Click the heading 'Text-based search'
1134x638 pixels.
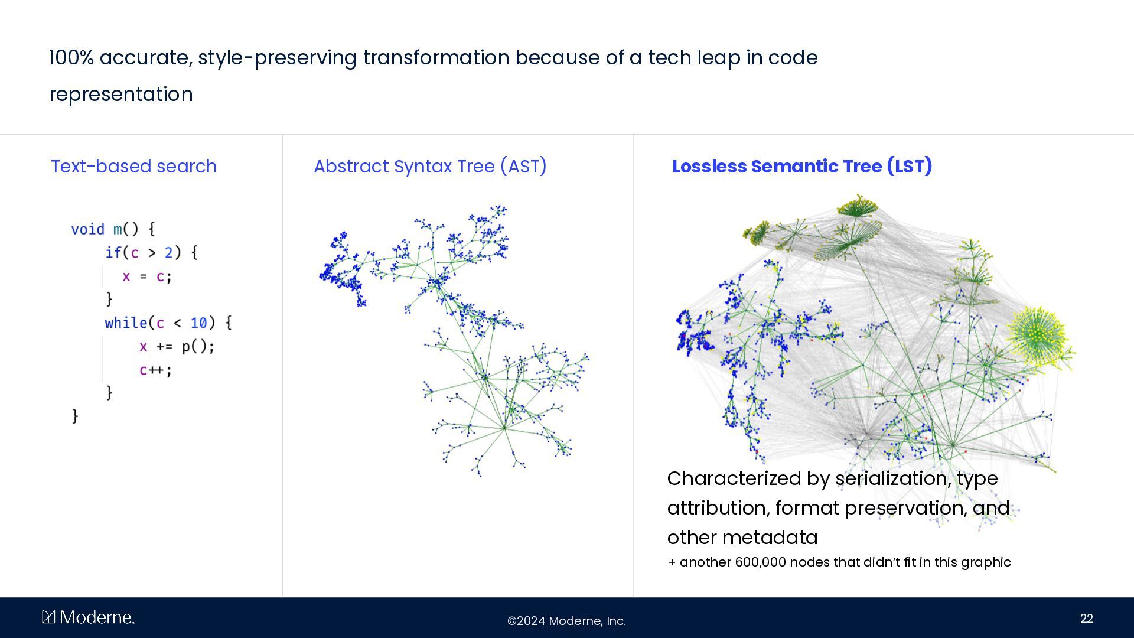click(133, 167)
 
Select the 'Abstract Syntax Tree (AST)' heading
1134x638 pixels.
click(430, 167)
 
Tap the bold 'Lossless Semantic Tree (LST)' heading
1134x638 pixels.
click(802, 167)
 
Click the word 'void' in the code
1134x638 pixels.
click(87, 229)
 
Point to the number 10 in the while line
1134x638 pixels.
click(198, 323)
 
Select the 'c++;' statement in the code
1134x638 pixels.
click(156, 370)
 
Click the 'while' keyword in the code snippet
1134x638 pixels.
click(126, 323)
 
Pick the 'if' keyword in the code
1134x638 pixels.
click(113, 253)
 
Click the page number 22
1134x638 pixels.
click(1087, 619)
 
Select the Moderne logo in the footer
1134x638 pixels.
click(89, 617)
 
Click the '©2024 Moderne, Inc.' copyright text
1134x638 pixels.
click(566, 621)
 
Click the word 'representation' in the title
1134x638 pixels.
click(121, 95)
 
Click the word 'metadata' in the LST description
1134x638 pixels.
click(770, 538)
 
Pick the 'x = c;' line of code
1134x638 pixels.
click(147, 276)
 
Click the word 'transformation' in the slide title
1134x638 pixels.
click(436, 58)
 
